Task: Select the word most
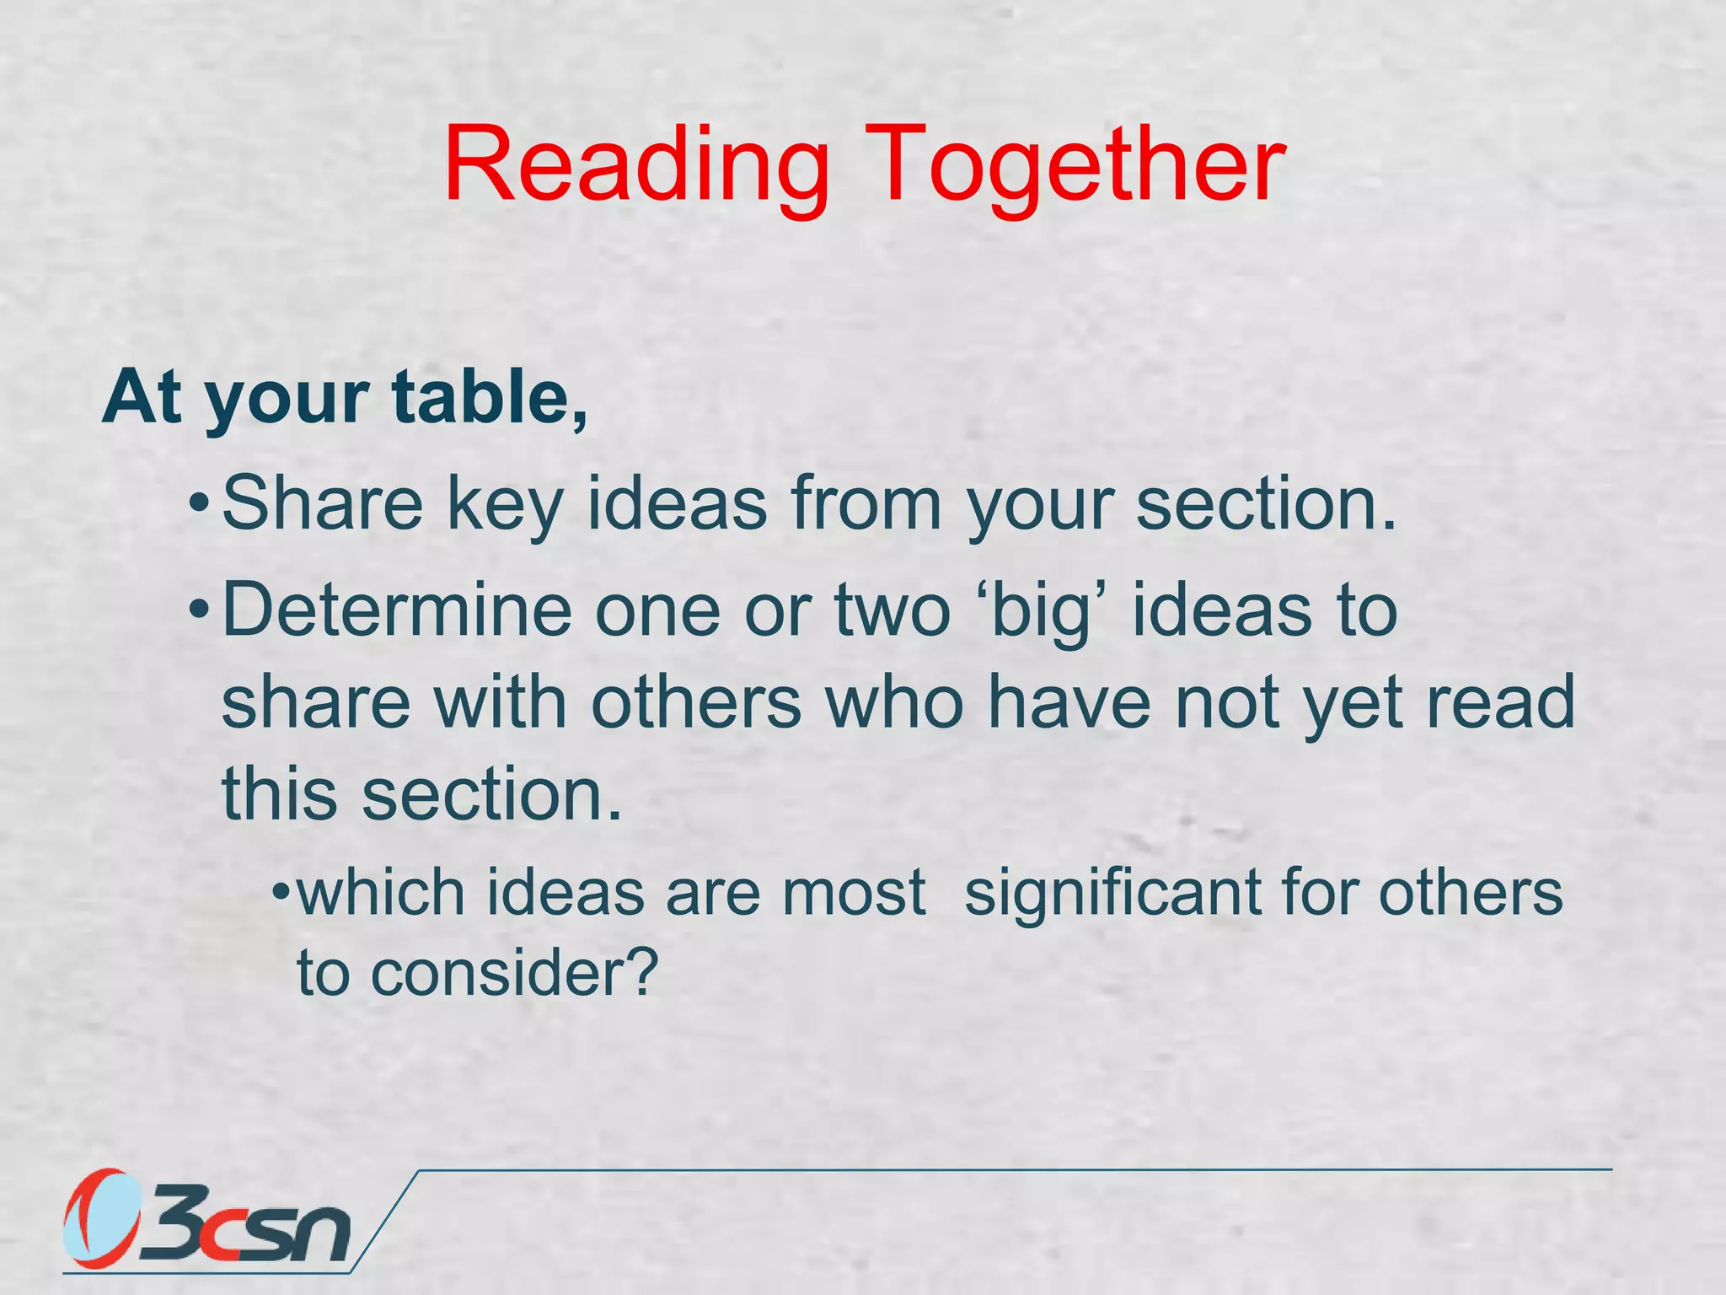pos(854,894)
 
